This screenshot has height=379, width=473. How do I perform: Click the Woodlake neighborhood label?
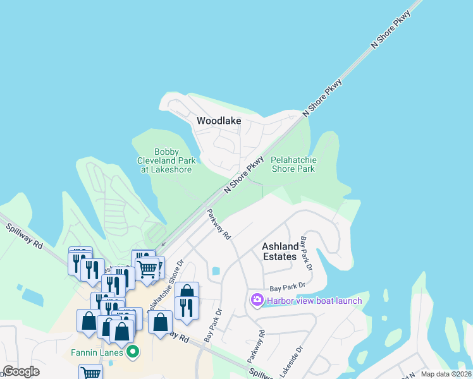coord(219,120)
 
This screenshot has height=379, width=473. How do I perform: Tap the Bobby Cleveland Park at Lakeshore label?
coord(167,160)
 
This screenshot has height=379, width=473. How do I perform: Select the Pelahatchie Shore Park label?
coord(293,164)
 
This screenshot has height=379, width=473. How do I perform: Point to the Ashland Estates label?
coord(279,251)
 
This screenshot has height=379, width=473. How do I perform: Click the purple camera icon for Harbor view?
coord(257,299)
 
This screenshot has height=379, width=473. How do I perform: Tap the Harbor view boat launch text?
coord(314,301)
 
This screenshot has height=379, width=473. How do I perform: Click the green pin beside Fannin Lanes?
coord(132,352)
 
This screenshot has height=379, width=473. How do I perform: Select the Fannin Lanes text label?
coord(100,352)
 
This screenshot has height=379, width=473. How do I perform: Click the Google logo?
coord(21,371)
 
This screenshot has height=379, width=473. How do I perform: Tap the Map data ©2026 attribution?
coord(446,374)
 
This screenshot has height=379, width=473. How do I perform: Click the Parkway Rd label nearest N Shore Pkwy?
coord(219,225)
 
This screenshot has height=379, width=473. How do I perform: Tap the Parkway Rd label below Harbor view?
coord(261,344)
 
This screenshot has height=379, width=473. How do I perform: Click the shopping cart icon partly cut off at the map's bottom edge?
coord(90,373)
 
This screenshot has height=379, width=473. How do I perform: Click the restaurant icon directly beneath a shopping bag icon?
coord(187,308)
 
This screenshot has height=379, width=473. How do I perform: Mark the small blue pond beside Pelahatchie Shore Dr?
coord(216,271)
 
